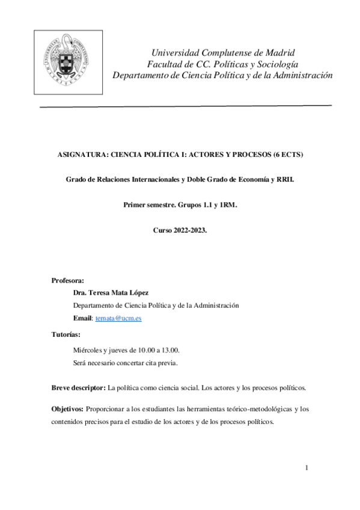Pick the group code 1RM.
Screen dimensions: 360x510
tap(227, 205)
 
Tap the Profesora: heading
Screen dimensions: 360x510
tap(67, 280)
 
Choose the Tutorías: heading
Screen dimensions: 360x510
tap(66, 334)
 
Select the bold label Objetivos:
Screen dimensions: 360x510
tap(68, 409)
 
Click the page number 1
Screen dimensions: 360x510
tap(307, 468)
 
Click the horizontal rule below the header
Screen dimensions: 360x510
tap(186, 106)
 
